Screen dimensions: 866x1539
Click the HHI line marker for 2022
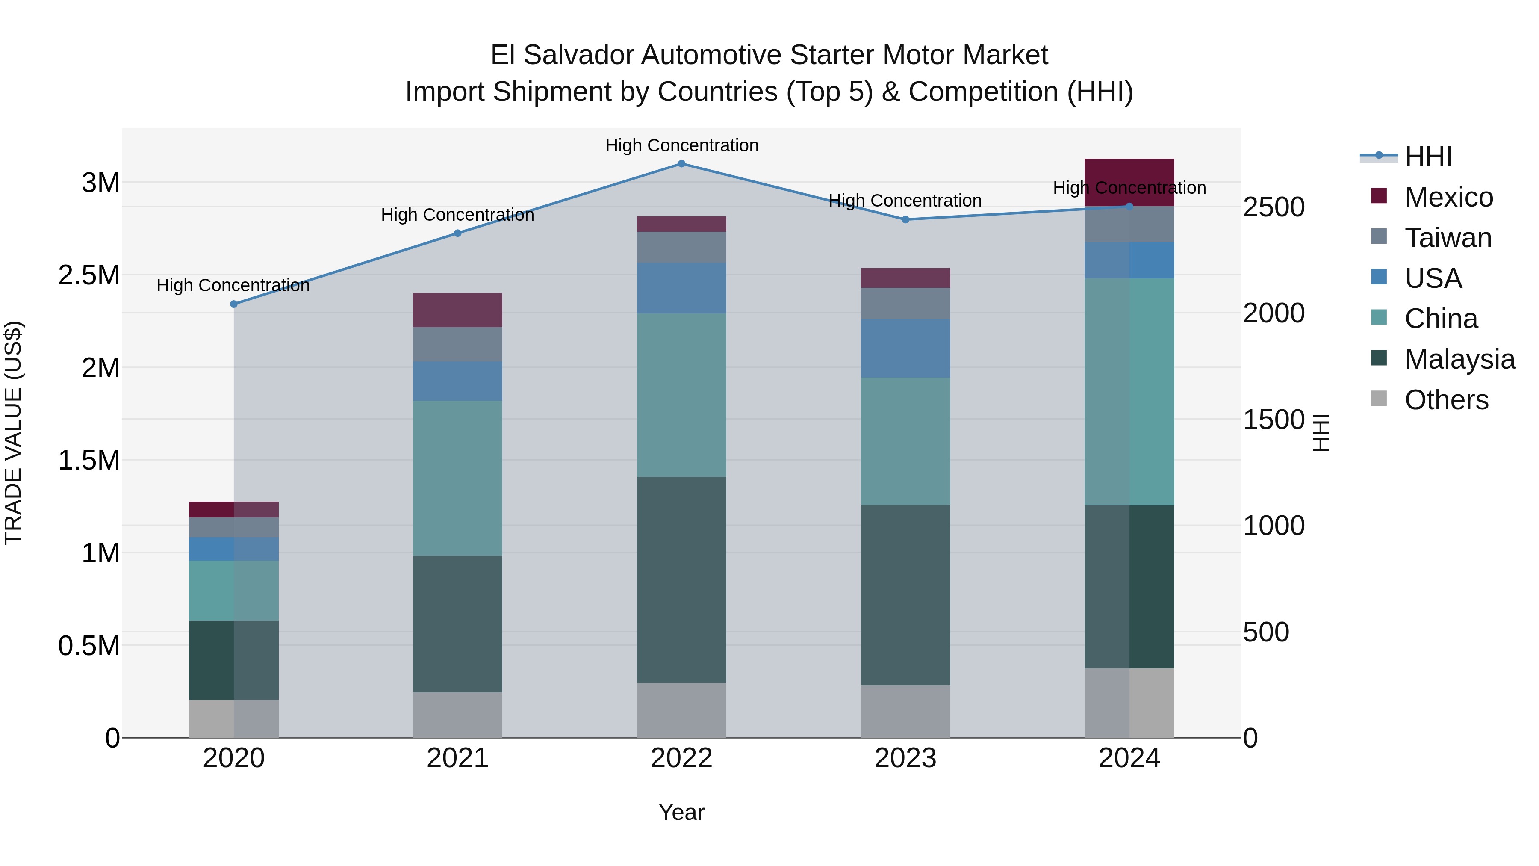[681, 163]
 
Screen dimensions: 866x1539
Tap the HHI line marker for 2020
[233, 304]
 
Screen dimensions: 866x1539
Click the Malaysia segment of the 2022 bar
[681, 580]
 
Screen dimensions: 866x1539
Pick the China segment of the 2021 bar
[457, 478]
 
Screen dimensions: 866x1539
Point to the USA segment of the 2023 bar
[905, 349]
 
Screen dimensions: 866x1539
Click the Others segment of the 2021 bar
[457, 715]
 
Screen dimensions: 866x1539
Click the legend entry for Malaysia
[1459, 359]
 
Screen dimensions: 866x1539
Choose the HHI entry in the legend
[1428, 157]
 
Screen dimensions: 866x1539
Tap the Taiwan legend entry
[1448, 238]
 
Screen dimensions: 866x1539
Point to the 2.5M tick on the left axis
[88, 275]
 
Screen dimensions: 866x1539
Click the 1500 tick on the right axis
[1273, 420]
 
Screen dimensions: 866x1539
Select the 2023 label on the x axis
[905, 758]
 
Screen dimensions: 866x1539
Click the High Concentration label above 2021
[457, 215]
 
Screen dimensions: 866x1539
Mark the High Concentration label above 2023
[905, 200]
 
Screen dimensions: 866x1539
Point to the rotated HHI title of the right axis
[1321, 433]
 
